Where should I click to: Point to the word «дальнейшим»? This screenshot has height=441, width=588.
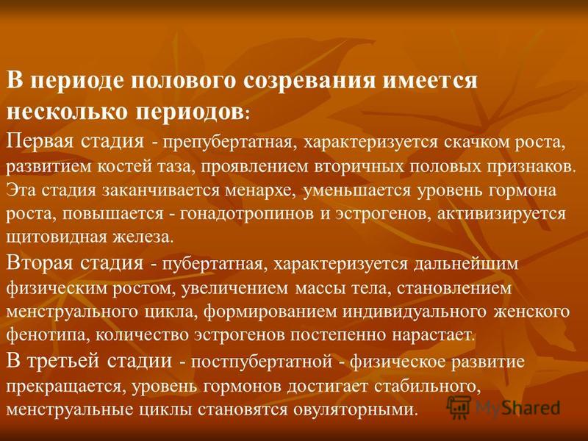(466, 264)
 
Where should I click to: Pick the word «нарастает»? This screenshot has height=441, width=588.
(434, 335)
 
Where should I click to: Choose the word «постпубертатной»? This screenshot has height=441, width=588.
(262, 362)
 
